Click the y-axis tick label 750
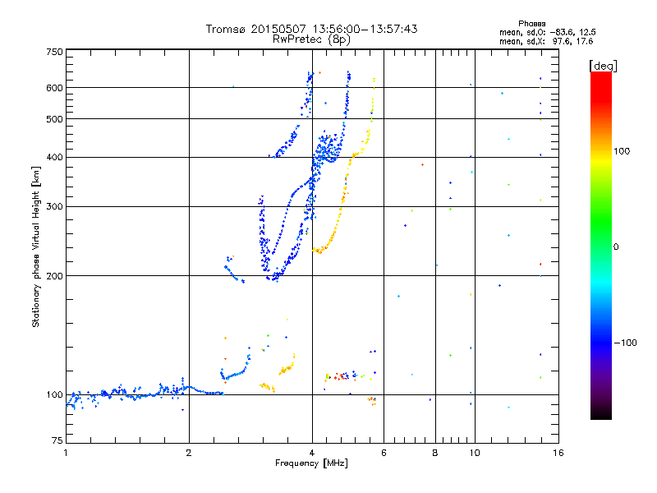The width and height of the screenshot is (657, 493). point(53,51)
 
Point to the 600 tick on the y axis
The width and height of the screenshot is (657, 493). point(53,88)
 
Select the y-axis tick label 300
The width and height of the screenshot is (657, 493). point(53,206)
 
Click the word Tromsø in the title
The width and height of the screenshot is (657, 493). point(227,29)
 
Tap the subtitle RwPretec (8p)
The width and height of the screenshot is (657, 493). point(311,39)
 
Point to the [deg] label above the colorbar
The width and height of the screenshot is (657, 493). point(603,65)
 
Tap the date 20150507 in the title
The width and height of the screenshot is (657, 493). point(277,29)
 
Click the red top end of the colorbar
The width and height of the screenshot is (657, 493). point(600,76)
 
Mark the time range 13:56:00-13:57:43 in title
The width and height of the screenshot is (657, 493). point(362,29)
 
